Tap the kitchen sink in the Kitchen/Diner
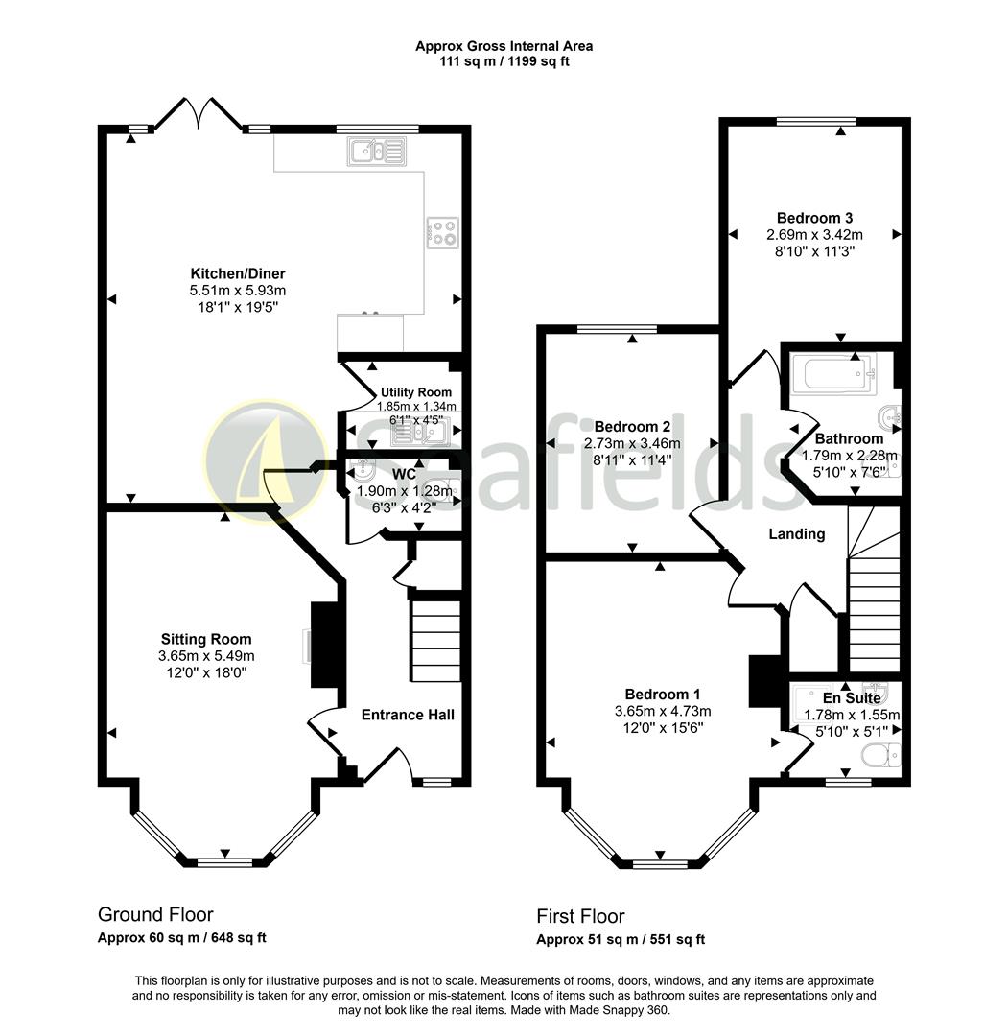pyautogui.click(x=379, y=151)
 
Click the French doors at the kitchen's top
pyautogui.click(x=199, y=114)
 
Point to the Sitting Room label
pyautogui.click(x=205, y=639)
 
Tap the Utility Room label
pyautogui.click(x=415, y=392)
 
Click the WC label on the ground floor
pyautogui.click(x=403, y=474)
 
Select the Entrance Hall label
pyautogui.click(x=408, y=715)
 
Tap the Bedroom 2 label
pyautogui.click(x=632, y=427)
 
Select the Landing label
pyautogui.click(x=797, y=534)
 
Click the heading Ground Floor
pyautogui.click(x=155, y=915)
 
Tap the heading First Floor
pyautogui.click(x=580, y=916)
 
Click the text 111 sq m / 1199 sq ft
pyautogui.click(x=504, y=61)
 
